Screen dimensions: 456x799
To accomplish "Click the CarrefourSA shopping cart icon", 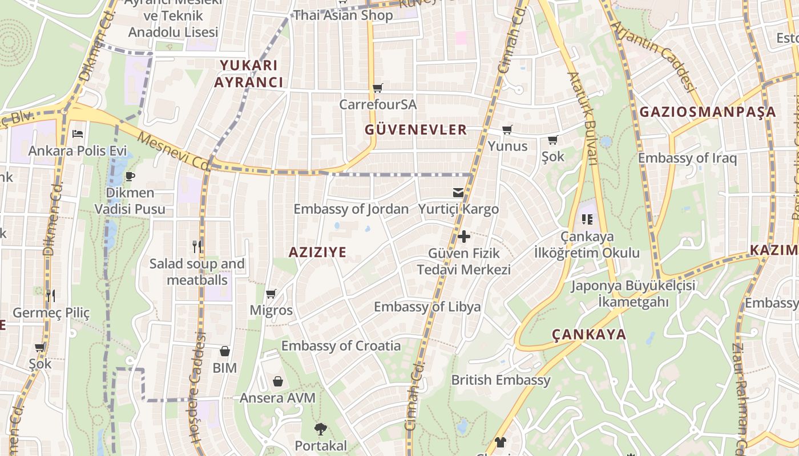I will tap(377, 88).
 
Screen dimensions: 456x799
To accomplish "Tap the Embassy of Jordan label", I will tap(351, 209).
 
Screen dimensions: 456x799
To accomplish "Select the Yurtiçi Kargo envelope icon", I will tap(458, 192).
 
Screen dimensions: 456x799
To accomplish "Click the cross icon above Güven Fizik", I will tap(463, 236).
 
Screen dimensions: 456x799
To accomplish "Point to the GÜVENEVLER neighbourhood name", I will tap(416, 130).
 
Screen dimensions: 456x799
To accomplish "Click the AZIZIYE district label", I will tap(317, 253).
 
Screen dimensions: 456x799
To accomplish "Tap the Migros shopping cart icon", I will tap(271, 294).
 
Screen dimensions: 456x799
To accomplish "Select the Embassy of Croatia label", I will tap(341, 346).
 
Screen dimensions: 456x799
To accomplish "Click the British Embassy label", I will tap(501, 380).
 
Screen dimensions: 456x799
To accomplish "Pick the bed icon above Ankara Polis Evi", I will tap(78, 134).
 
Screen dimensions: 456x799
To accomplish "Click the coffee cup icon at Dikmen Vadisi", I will tap(130, 176).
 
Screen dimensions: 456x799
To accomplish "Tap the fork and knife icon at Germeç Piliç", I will tap(51, 295).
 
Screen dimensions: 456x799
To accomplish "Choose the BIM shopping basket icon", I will tap(225, 351).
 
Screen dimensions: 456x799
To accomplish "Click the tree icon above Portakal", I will tap(321, 429).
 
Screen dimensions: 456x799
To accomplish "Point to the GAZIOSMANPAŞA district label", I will tap(708, 112).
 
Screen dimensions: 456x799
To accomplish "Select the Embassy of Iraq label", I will tap(687, 158).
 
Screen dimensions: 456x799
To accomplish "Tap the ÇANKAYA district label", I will tap(589, 335).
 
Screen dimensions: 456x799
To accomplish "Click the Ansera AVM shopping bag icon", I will tap(278, 381).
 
